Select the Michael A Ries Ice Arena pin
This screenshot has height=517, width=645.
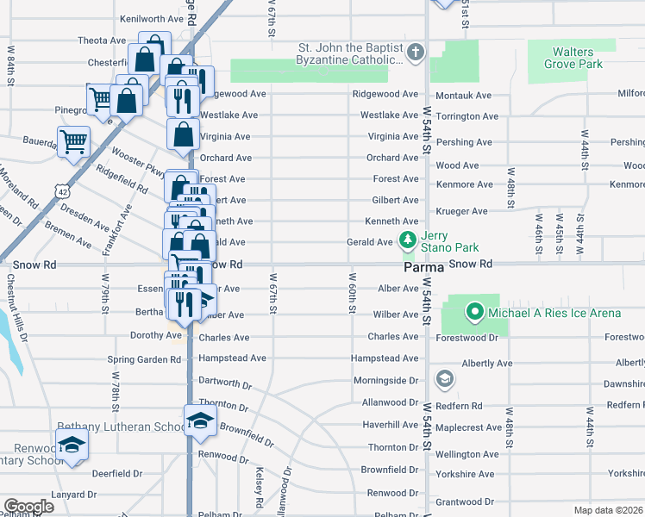[473, 312]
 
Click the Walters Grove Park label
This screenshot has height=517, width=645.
[579, 58]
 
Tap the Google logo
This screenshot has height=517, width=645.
[28, 507]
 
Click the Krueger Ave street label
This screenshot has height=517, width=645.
[461, 211]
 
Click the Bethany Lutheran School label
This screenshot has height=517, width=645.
[121, 427]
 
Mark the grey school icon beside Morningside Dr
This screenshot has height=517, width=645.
[444, 378]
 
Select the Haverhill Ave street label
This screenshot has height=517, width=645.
[390, 425]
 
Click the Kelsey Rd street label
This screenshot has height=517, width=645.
[259, 487]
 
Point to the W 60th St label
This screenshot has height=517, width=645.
[354, 293]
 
